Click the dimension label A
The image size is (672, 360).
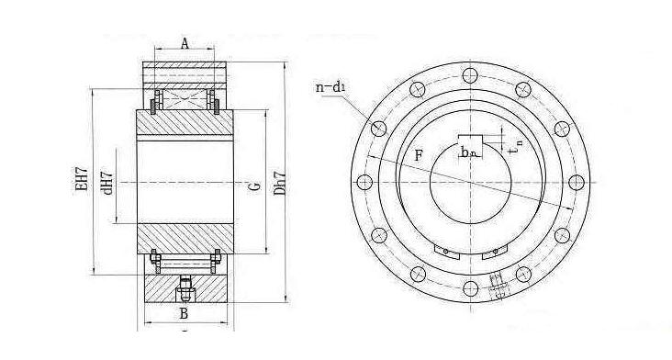click(185, 43)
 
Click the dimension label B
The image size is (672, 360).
click(184, 314)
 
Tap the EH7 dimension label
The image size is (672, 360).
click(82, 178)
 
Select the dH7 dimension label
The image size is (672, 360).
click(107, 183)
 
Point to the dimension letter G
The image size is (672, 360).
click(255, 186)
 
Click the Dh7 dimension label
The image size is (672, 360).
click(280, 184)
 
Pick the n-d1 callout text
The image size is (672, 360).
click(330, 87)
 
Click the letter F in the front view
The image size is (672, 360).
click(419, 155)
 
